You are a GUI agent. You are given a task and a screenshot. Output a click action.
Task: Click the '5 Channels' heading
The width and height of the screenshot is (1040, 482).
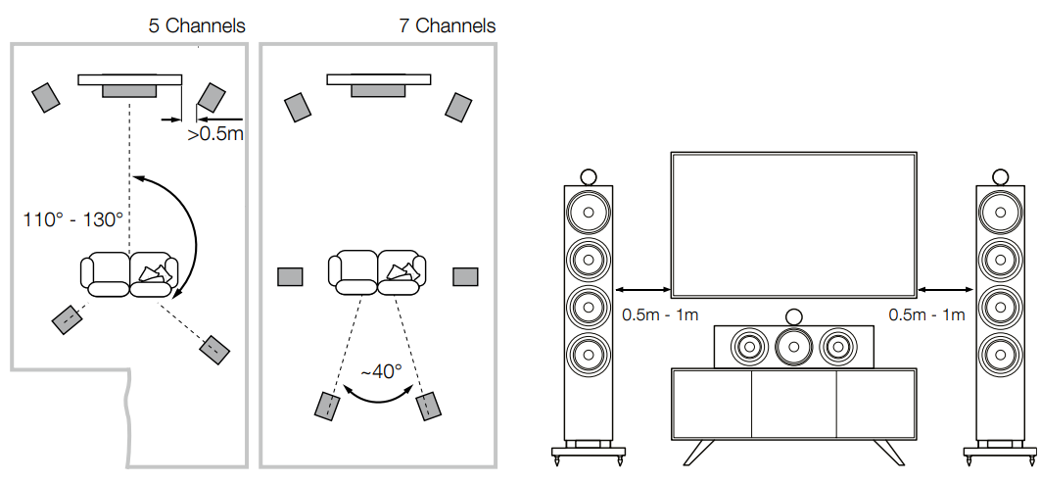point(196,25)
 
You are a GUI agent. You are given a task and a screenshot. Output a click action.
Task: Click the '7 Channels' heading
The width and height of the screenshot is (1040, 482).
point(447,25)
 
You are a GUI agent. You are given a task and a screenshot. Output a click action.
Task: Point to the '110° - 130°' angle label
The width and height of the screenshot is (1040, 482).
point(73,218)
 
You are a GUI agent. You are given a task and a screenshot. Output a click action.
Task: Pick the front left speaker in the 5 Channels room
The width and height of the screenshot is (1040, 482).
point(46,97)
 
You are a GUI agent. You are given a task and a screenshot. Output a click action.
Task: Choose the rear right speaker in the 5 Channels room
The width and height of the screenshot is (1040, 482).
point(214,347)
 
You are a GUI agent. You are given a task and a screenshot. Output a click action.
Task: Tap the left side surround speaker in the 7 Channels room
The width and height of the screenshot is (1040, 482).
point(290,276)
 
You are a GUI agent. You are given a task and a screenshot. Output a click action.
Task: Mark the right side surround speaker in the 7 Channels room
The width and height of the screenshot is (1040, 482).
point(464,276)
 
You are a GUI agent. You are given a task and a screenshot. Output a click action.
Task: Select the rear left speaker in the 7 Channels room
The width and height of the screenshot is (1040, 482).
point(327,405)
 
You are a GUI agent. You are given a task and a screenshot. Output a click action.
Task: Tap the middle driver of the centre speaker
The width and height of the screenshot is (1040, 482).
point(792,345)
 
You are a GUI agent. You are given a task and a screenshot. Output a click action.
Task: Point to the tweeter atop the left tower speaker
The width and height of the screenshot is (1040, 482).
point(590,176)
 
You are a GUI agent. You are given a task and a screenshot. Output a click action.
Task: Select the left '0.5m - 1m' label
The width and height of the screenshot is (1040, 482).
point(660,315)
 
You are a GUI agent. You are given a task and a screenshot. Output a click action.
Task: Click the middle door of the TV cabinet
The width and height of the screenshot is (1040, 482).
point(792,405)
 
